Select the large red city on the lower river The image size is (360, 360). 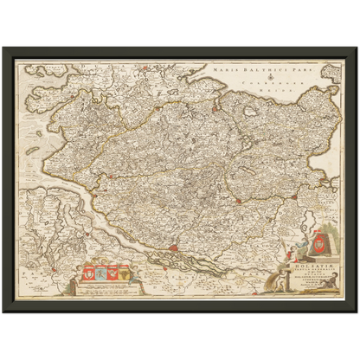point(176,252)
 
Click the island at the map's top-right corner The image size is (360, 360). point(330,68)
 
